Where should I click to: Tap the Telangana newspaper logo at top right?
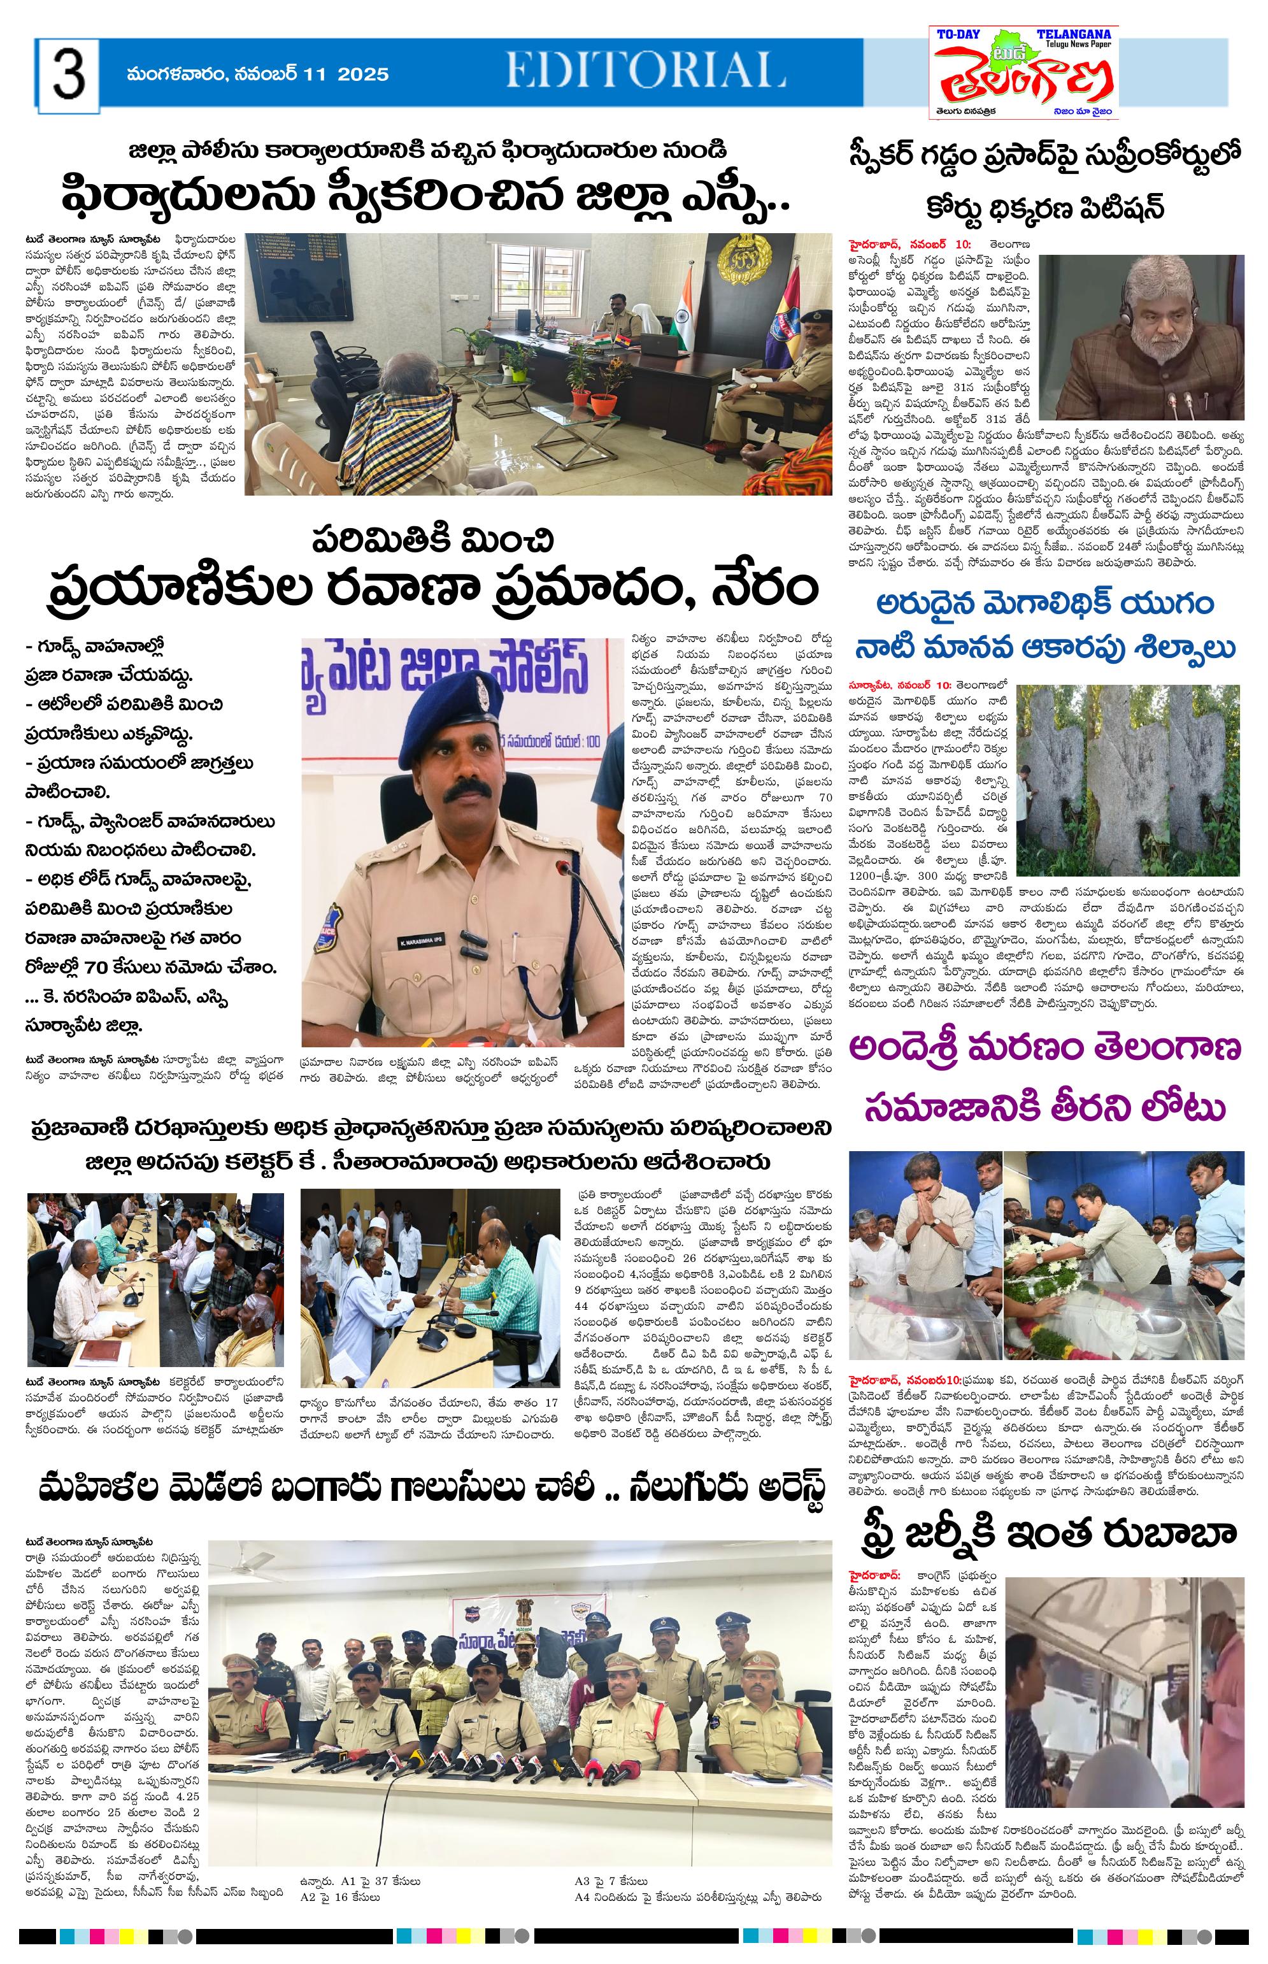1023,73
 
